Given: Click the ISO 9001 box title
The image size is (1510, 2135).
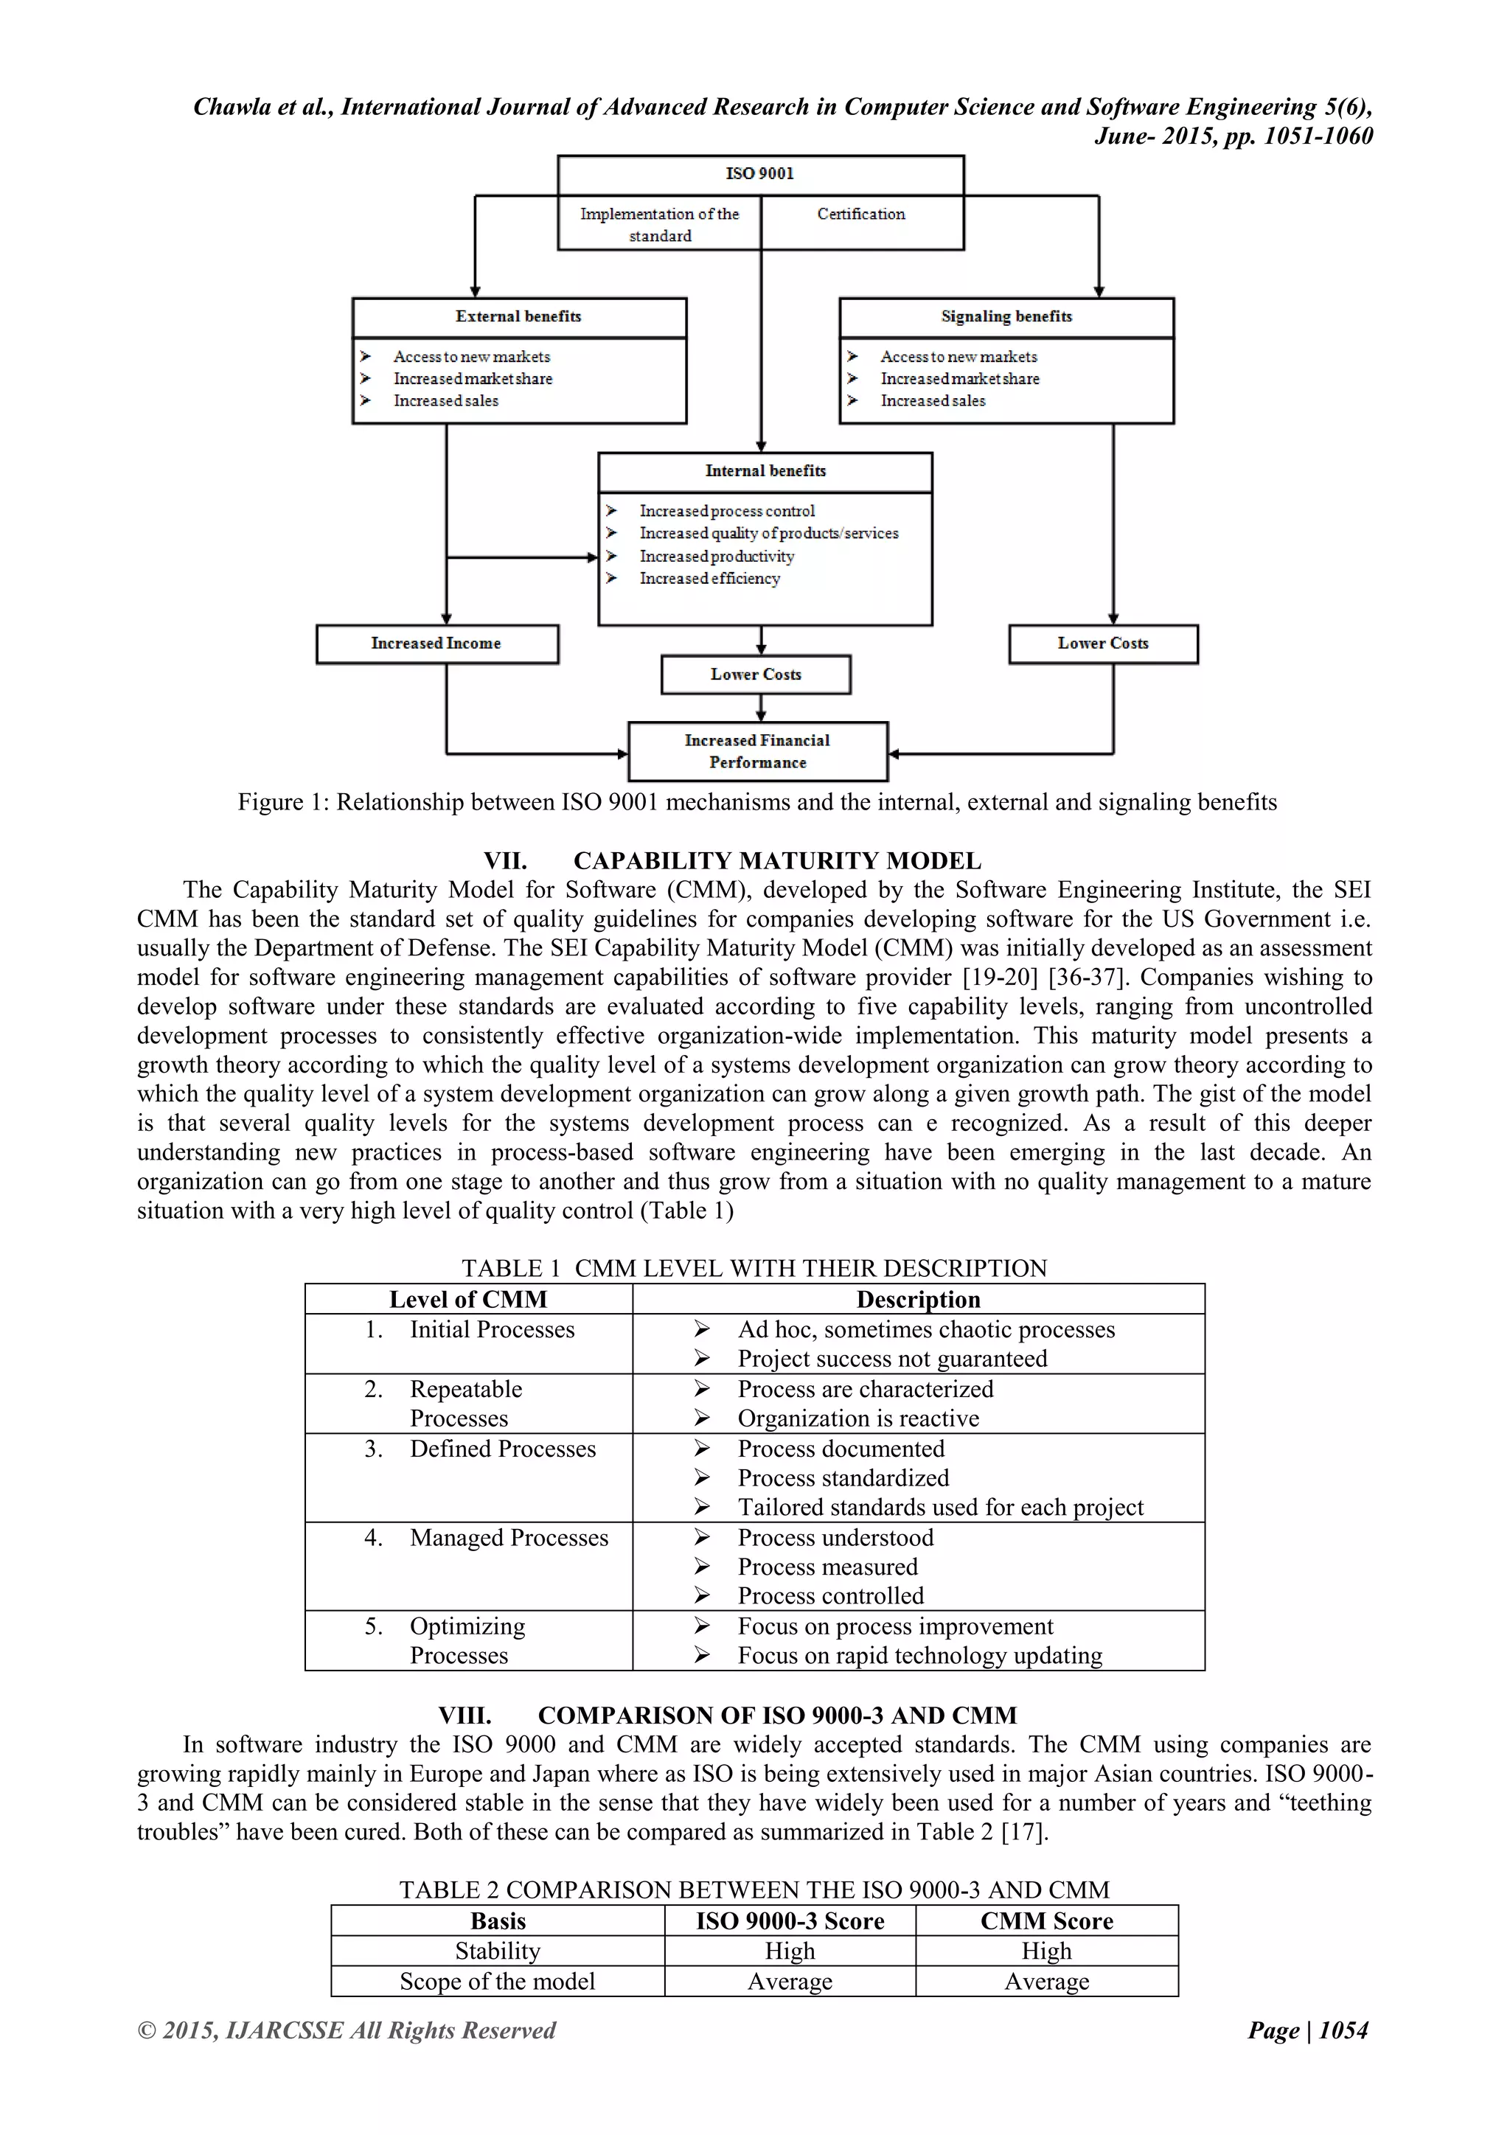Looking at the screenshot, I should [759, 174].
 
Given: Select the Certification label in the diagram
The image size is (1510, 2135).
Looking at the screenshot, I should [861, 214].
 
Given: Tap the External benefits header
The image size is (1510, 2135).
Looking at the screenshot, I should [518, 317].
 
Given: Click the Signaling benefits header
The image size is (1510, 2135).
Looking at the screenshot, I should [1006, 317].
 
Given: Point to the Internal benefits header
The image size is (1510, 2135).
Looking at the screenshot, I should [765, 471].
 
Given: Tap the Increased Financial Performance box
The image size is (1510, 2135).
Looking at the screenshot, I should [758, 751].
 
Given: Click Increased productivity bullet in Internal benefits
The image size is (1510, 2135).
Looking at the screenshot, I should [717, 556].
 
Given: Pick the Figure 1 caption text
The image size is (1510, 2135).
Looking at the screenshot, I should [757, 803].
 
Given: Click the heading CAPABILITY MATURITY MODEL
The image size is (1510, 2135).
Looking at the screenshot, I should [777, 861].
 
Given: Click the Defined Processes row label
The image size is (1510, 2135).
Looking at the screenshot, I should [502, 1449].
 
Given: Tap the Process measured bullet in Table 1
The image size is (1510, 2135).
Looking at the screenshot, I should [827, 1567].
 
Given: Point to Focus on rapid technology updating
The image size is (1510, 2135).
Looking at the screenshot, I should [919, 1655].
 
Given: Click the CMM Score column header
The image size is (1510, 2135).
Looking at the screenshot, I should [1046, 1921].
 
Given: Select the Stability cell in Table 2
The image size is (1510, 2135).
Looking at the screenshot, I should [498, 1951].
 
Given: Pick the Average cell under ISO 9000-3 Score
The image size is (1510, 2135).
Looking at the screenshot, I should [790, 1982].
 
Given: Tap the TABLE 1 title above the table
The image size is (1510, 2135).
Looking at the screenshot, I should [754, 1268].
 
